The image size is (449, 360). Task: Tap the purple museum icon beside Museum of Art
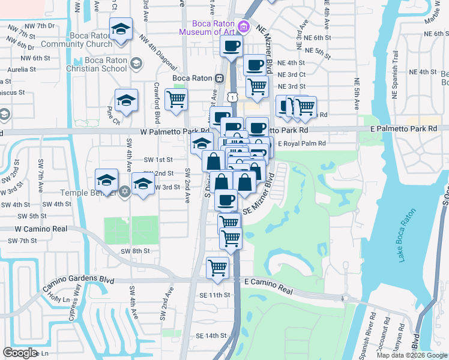pos(243,26)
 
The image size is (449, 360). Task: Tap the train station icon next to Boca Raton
pos(220,78)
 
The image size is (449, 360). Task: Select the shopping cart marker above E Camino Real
pos(217,266)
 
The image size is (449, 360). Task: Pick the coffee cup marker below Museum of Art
pos(231,46)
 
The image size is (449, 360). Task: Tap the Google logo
pos(20,353)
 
